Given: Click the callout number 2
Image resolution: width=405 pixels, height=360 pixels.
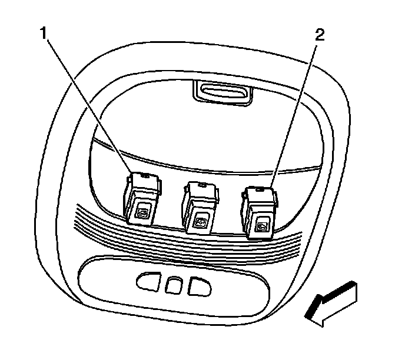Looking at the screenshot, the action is click(x=319, y=34).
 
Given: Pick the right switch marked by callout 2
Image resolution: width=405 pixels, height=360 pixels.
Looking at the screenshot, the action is click(x=258, y=211).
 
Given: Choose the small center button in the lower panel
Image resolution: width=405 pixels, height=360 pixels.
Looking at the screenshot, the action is click(x=172, y=285).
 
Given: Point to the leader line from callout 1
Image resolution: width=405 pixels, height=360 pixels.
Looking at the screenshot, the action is click(x=88, y=106).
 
